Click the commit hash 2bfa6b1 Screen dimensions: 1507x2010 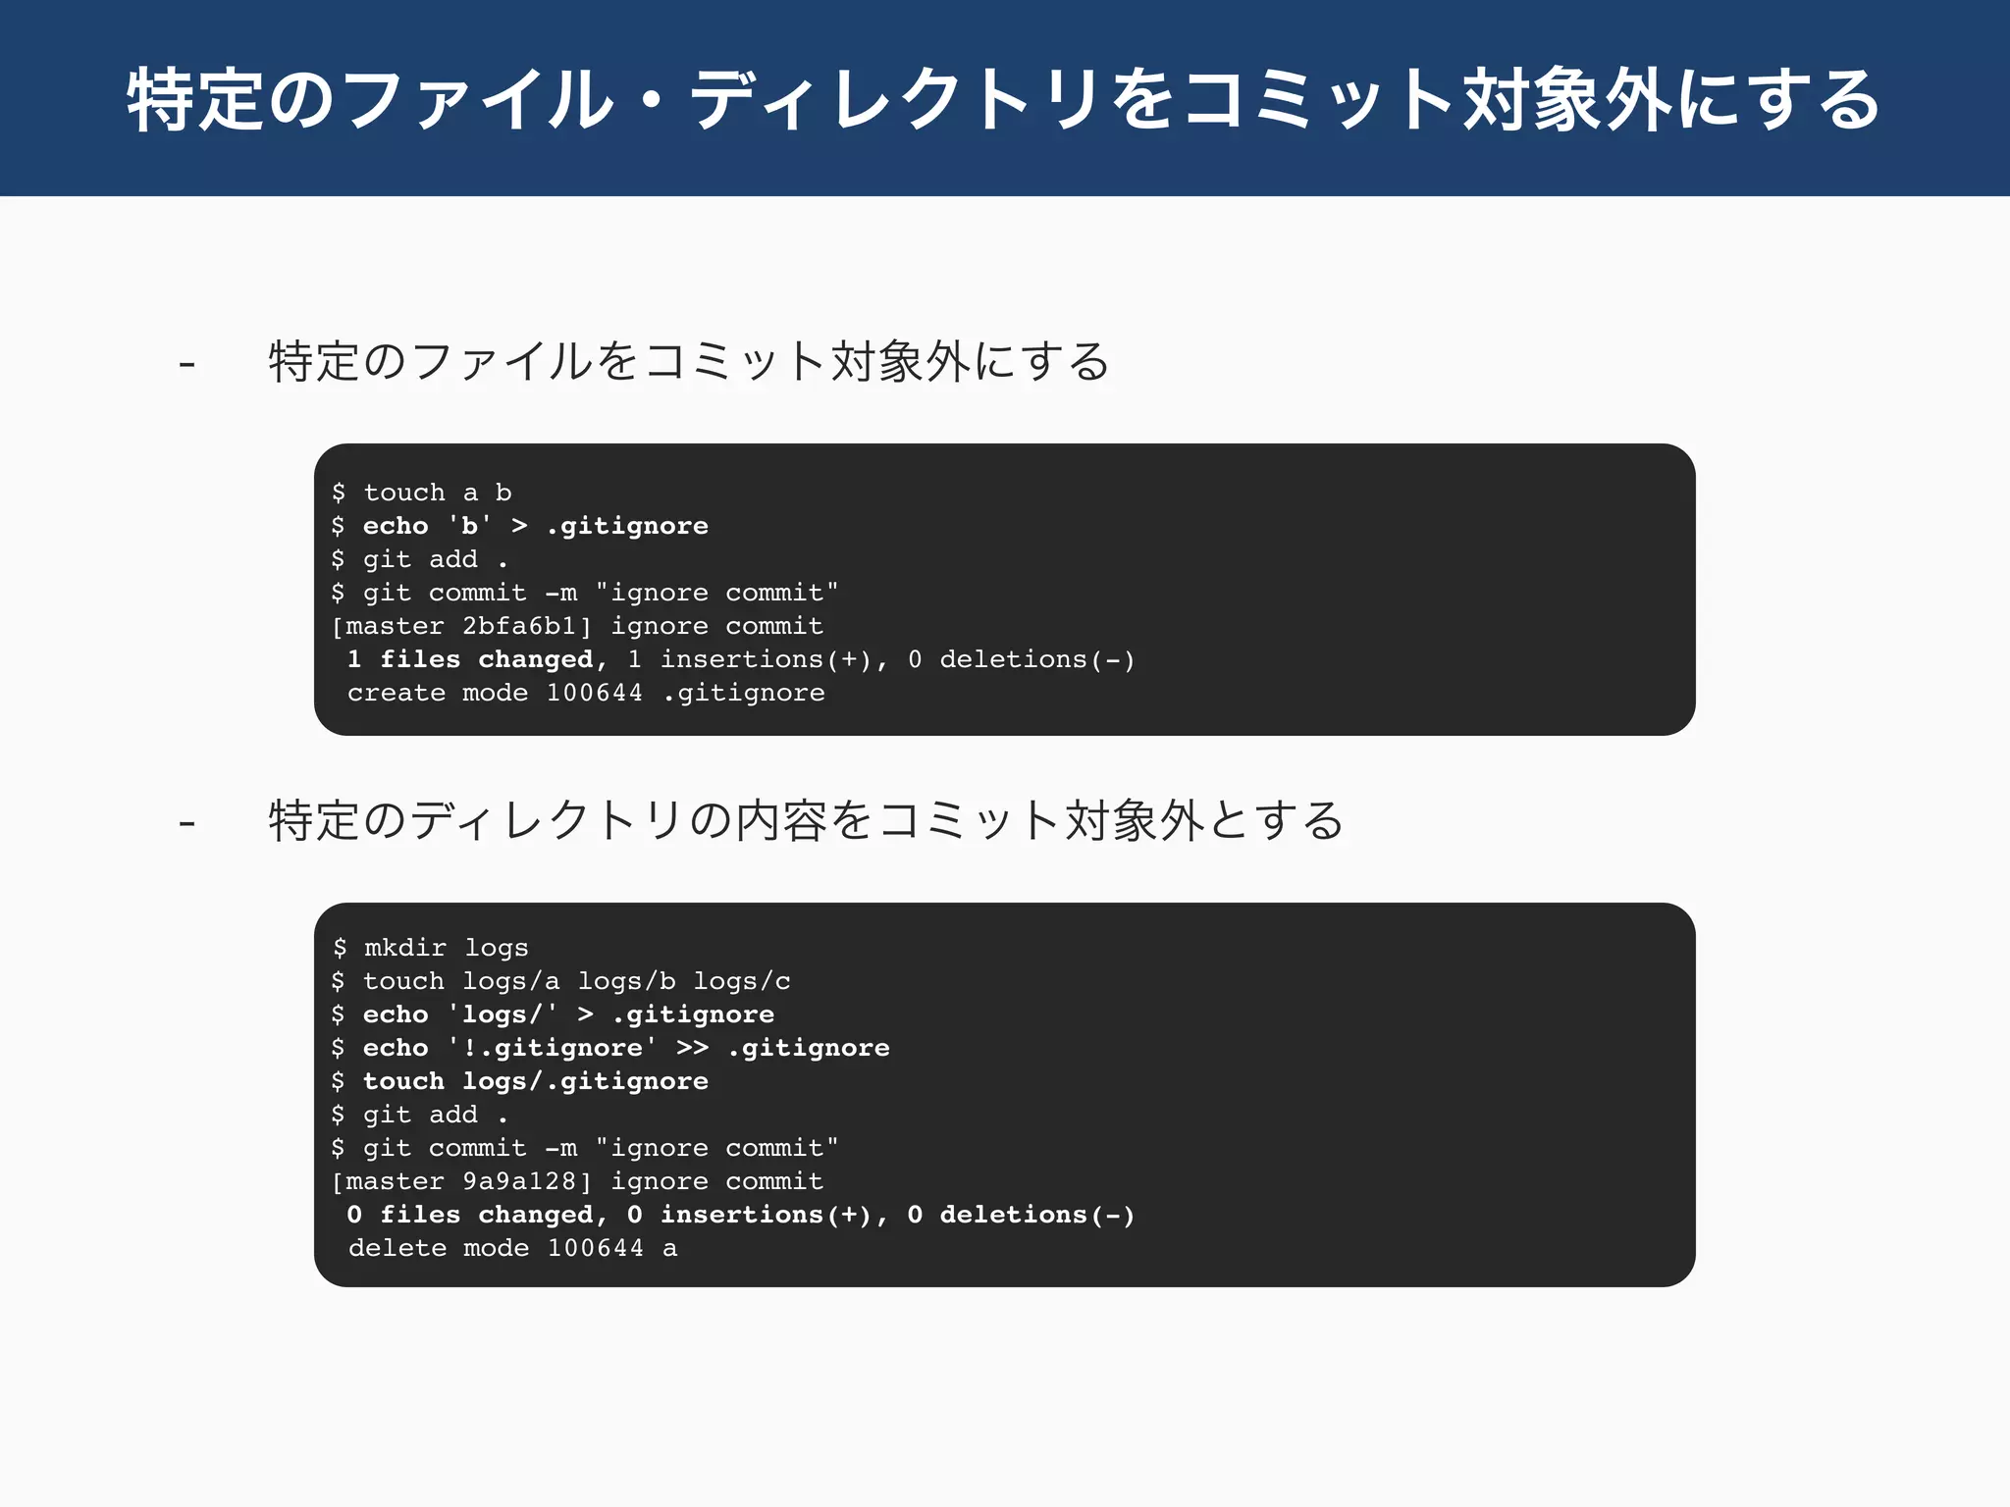(518, 626)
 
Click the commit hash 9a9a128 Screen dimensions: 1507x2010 (518, 1181)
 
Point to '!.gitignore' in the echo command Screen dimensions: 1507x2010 (552, 1048)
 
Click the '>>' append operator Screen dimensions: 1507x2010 (692, 1048)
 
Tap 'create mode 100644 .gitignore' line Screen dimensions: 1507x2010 (586, 693)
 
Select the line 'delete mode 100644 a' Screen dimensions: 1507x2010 (512, 1248)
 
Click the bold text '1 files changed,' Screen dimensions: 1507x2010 (478, 659)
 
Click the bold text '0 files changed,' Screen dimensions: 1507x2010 (478, 1215)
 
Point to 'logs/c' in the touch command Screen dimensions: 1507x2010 (742, 981)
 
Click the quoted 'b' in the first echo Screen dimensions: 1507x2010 (469, 526)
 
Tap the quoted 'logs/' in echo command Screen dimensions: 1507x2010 (502, 1014)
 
